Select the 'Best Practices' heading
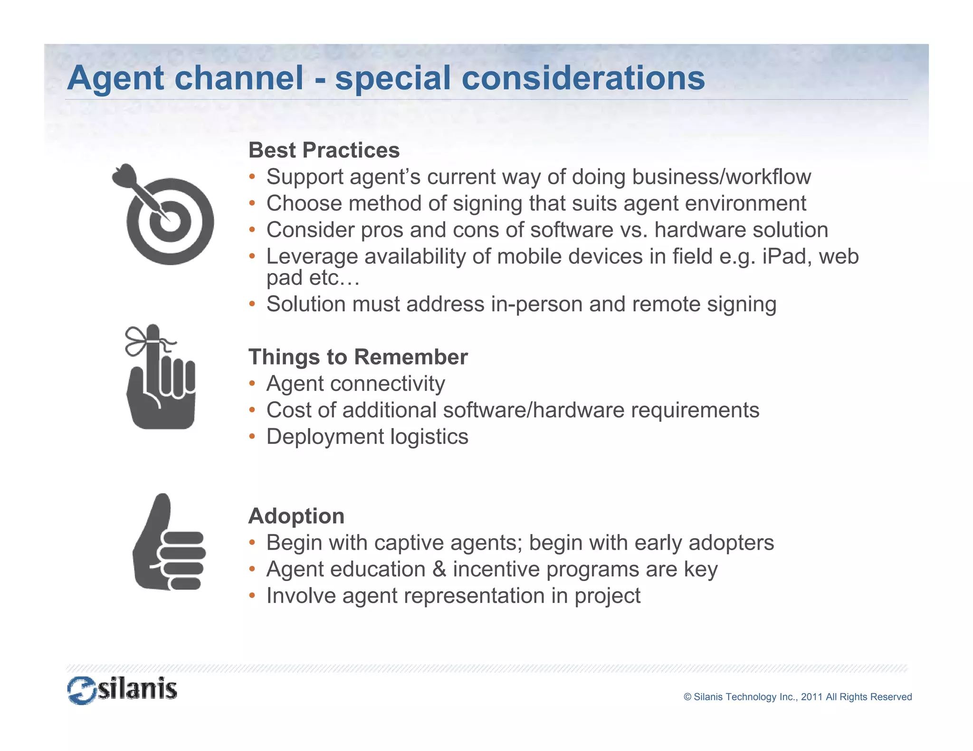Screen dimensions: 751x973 coord(324,150)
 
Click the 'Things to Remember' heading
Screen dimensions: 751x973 coord(358,357)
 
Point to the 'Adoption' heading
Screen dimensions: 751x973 coord(296,516)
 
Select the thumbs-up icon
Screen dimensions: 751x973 coord(169,544)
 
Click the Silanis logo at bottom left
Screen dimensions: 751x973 coord(122,690)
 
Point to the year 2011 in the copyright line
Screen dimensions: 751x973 coord(811,697)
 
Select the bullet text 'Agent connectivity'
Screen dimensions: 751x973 coord(355,384)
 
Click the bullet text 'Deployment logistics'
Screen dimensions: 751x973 coord(367,437)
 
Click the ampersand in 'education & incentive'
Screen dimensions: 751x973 coord(439,569)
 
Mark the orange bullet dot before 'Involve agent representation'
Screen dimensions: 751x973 coord(252,596)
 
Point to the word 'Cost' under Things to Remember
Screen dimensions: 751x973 coord(288,410)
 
